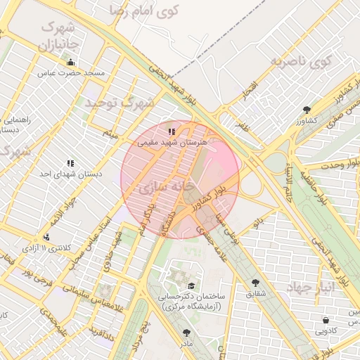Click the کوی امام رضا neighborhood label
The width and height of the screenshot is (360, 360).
pyautogui.click(x=147, y=11)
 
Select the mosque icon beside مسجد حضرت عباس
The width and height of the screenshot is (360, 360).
pyautogui.click(x=70, y=62)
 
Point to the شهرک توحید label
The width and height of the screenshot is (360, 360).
pyautogui.click(x=120, y=103)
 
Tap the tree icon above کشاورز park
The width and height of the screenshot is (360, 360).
pyautogui.click(x=307, y=109)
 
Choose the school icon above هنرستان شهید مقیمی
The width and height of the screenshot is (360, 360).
pyautogui.click(x=171, y=131)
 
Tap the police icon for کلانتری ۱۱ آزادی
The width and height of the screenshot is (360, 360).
pyautogui.click(x=46, y=238)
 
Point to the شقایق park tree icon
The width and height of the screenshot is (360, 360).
pyautogui.click(x=255, y=283)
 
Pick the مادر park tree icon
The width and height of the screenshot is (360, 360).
pyautogui.click(x=186, y=333)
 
